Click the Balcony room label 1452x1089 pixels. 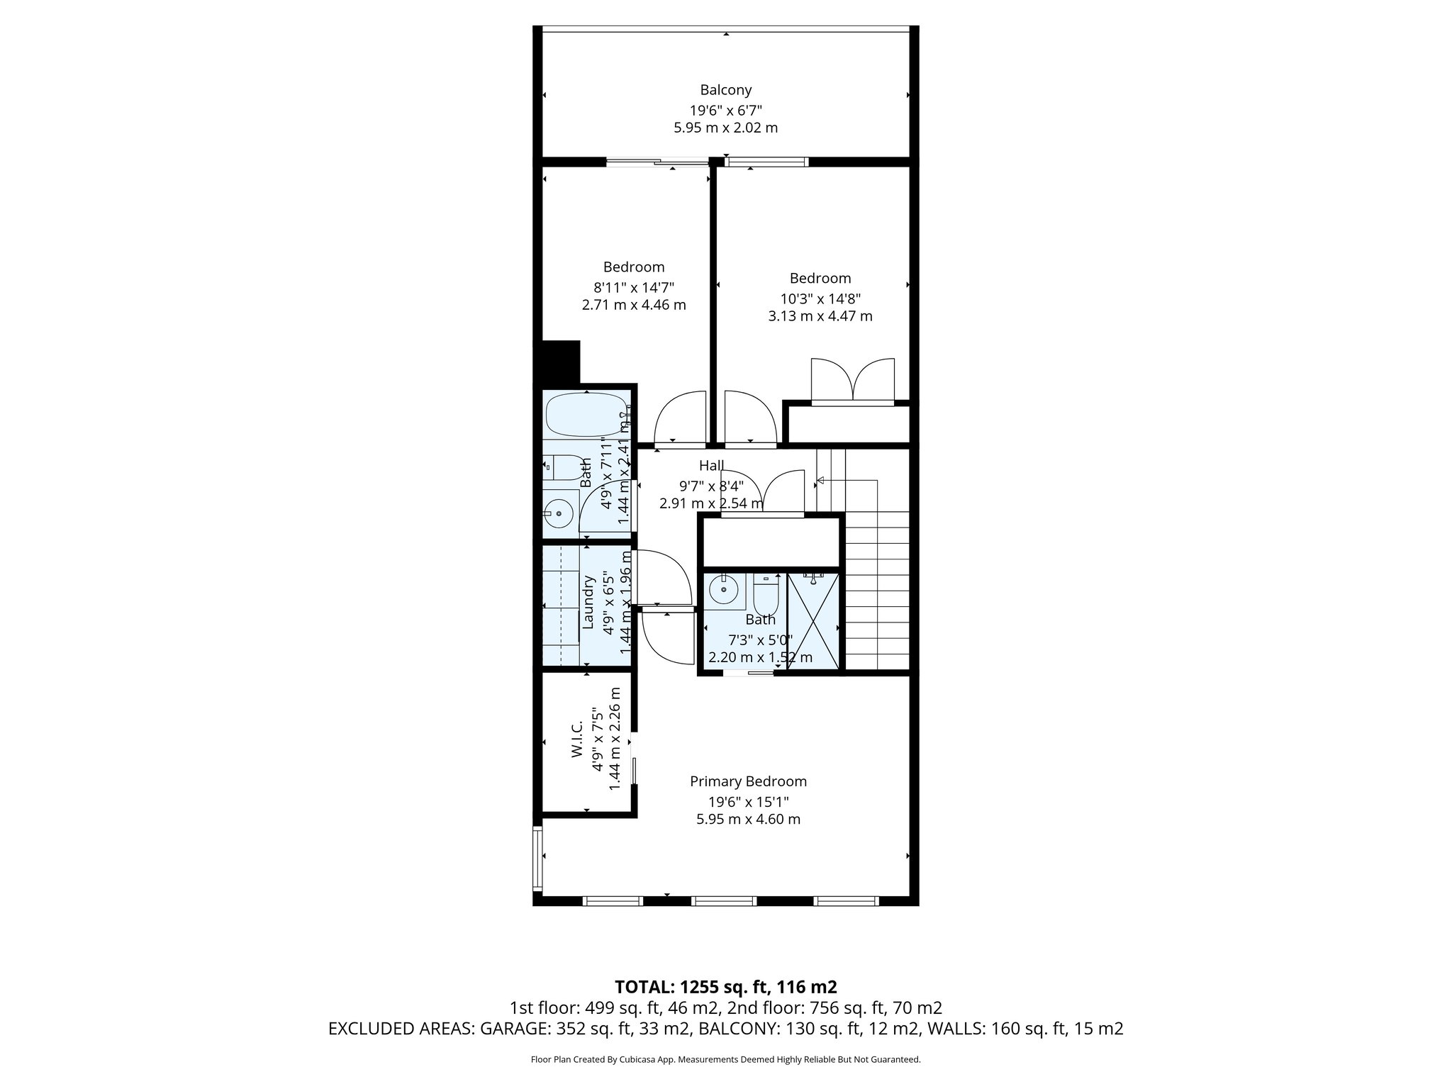coord(725,90)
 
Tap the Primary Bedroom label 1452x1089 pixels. coord(748,781)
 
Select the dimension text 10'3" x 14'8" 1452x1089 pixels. coord(820,298)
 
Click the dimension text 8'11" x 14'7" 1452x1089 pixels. coord(633,287)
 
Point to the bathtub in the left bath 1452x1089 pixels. coord(585,415)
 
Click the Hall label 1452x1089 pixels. coord(711,465)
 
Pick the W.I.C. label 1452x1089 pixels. coord(576,739)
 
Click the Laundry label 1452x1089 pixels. coord(588,602)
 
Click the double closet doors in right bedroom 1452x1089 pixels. coord(852,381)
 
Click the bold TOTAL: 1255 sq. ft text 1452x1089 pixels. coord(725,986)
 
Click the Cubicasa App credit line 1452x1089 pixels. coord(725,1060)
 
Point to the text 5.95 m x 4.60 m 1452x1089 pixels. coord(748,820)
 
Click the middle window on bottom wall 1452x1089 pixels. coord(724,901)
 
